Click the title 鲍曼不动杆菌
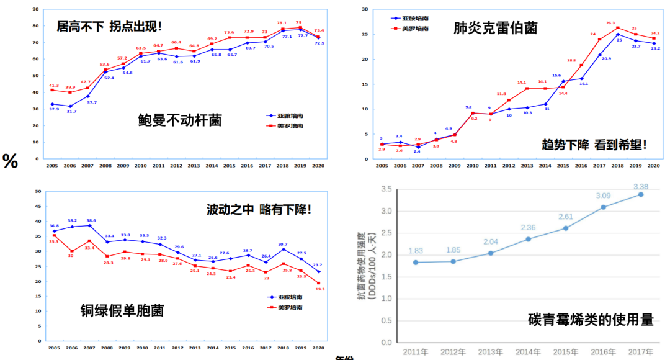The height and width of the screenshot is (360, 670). click(180, 120)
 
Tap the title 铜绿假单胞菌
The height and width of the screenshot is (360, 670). click(122, 309)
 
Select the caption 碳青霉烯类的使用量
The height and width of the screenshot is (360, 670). click(591, 320)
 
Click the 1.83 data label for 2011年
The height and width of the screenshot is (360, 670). click(416, 250)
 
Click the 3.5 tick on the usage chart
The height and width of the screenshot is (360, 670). click(386, 189)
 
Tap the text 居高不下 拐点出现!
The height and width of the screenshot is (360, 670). click(109, 27)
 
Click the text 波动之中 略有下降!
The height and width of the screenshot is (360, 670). click(259, 209)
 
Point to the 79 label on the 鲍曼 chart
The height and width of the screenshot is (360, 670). click(298, 22)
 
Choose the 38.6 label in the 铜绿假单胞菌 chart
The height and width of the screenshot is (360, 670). click(91, 220)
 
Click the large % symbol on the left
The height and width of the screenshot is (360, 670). click(11, 161)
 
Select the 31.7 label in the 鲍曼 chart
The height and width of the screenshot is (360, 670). click(71, 112)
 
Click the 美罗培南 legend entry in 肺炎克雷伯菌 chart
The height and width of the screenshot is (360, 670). click(409, 29)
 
